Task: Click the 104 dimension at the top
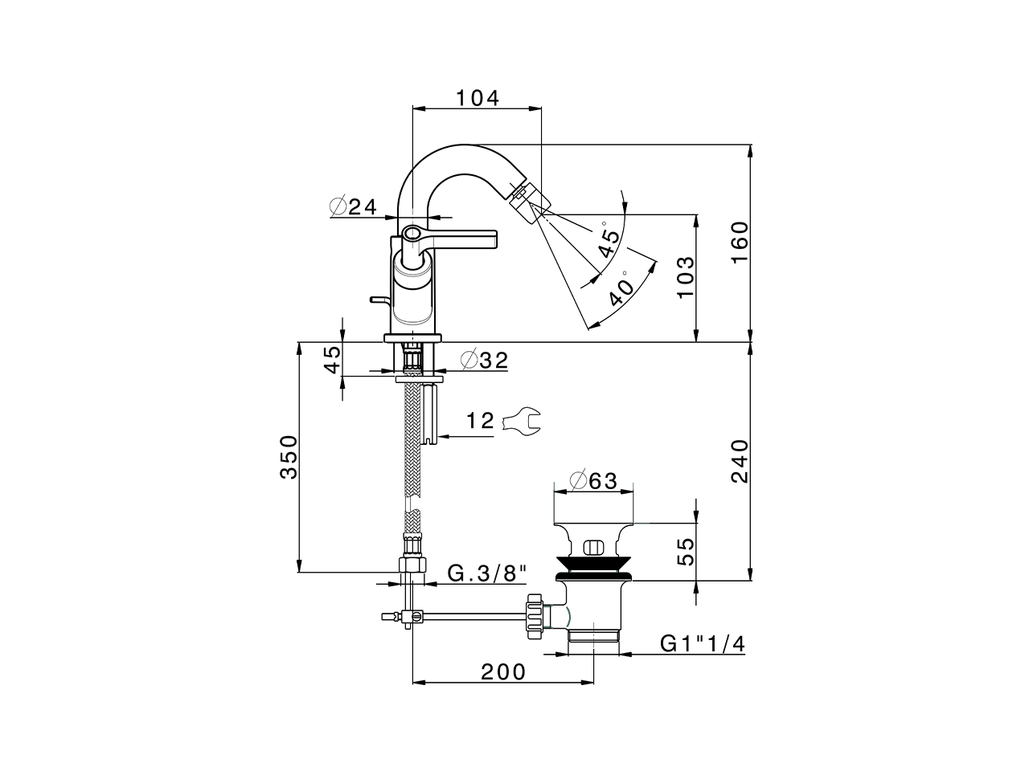478,98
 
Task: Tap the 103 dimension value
684,278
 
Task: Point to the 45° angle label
608,241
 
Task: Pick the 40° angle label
620,291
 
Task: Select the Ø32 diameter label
485,361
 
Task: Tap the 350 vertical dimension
288,457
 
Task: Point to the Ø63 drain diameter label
592,480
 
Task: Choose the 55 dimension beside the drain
684,553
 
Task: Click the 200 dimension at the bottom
503,671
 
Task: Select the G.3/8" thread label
487,573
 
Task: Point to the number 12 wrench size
480,421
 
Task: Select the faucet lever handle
458,238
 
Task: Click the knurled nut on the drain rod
533,617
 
